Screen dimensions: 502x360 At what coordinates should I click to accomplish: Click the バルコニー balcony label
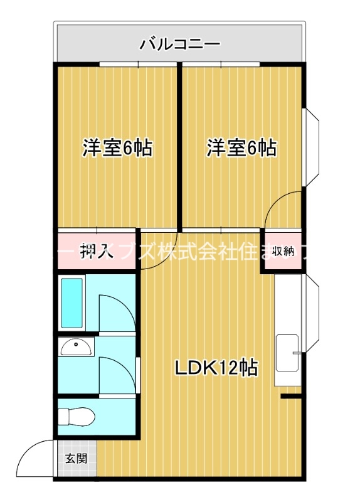click(x=179, y=45)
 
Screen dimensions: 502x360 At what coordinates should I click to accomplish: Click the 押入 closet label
click(x=97, y=252)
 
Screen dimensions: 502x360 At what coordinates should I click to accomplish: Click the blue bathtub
click(x=73, y=302)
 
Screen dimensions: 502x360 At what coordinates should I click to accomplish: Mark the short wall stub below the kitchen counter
click(x=291, y=397)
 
